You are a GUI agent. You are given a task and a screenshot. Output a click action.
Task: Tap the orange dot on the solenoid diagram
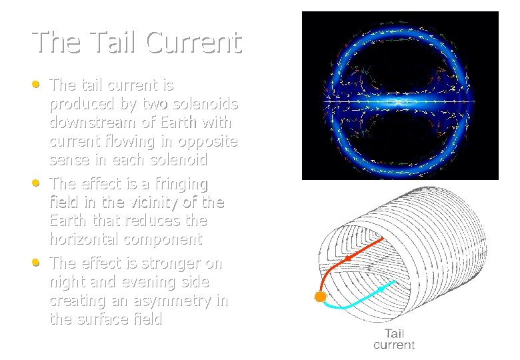[321, 297]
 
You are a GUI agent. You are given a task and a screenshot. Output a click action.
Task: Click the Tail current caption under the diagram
[393, 339]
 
